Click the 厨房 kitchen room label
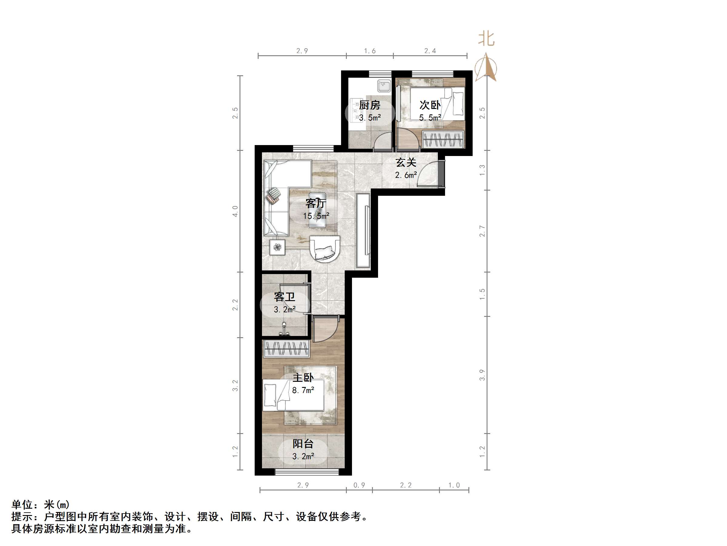(370, 105)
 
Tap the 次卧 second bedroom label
(430, 105)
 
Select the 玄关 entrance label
(406, 163)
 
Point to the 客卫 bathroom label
(285, 297)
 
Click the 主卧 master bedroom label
(303, 378)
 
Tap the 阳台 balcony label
(303, 444)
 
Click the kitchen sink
(384, 86)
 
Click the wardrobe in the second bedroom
(443, 139)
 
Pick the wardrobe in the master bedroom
(286, 349)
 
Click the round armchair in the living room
(324, 249)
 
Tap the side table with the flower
(277, 247)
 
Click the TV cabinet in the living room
(363, 230)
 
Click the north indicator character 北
(486, 39)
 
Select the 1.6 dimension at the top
(370, 51)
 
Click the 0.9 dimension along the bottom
(359, 485)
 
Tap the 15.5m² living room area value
(316, 216)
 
